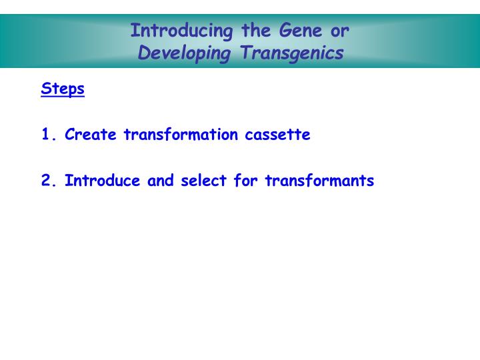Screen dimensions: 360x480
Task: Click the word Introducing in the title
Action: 172,31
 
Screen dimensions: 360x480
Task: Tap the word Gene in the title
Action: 295,31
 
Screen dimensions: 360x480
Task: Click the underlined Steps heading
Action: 63,89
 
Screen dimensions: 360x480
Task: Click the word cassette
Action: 277,135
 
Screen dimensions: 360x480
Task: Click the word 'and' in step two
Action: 161,181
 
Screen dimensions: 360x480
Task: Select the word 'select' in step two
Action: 204,181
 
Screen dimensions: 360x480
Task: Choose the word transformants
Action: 319,181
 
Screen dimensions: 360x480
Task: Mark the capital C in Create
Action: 69,135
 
